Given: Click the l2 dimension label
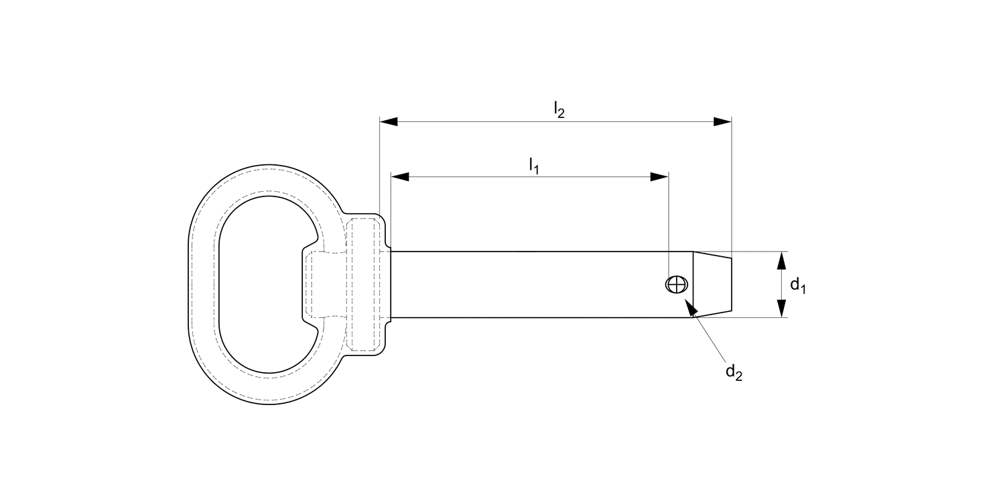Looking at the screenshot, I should [559, 109].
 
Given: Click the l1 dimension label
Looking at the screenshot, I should [534, 165].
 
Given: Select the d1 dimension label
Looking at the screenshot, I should [797, 285].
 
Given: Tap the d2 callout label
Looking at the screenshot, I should [734, 372].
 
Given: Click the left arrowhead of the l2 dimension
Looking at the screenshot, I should [389, 121].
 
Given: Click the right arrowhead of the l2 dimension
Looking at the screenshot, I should [722, 121].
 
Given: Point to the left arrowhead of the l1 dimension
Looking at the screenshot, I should [400, 177].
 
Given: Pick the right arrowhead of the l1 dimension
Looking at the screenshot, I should [659, 177].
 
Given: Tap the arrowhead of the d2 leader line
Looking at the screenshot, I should [690, 308].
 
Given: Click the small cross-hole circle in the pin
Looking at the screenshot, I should [676, 284].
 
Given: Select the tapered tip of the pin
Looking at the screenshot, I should [712, 284].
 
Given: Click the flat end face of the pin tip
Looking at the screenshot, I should [731, 284].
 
